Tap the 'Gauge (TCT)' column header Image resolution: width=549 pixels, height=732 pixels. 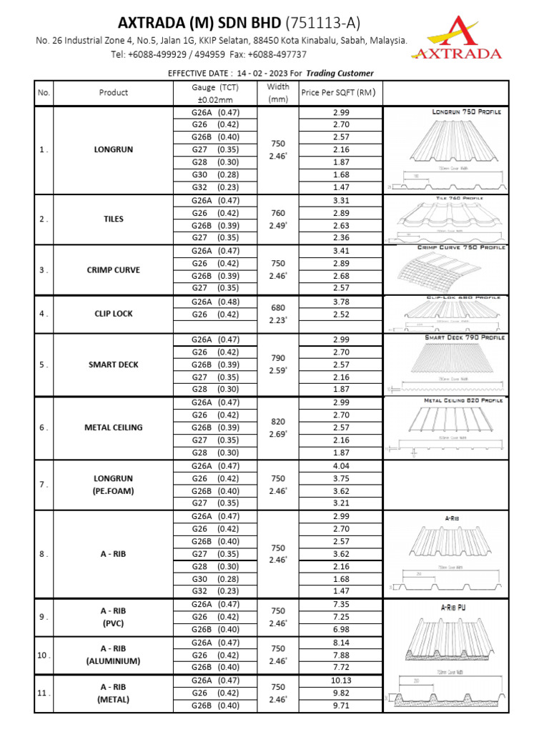point(215,86)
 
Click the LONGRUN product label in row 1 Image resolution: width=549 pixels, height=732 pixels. point(114,150)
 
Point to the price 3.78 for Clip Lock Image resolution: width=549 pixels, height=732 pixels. point(341,302)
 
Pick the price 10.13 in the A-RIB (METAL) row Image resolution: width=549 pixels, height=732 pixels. point(341,680)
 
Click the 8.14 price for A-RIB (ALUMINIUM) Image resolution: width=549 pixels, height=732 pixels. point(341,642)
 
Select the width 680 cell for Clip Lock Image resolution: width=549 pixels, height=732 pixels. point(278,307)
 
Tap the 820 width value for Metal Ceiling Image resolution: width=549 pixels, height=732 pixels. point(278,421)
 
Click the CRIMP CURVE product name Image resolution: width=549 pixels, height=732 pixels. point(114,270)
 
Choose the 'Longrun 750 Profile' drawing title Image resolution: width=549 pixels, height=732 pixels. point(467,112)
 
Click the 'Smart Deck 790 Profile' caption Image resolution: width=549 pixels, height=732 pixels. point(465,337)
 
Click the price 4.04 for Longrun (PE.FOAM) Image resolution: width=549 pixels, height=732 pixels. point(341,465)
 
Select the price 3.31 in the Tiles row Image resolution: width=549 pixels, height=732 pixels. point(341,201)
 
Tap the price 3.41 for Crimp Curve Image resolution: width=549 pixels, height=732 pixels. point(341,251)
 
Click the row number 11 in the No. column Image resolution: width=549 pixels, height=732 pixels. point(44,693)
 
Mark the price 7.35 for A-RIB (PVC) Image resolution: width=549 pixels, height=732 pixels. point(341,604)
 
